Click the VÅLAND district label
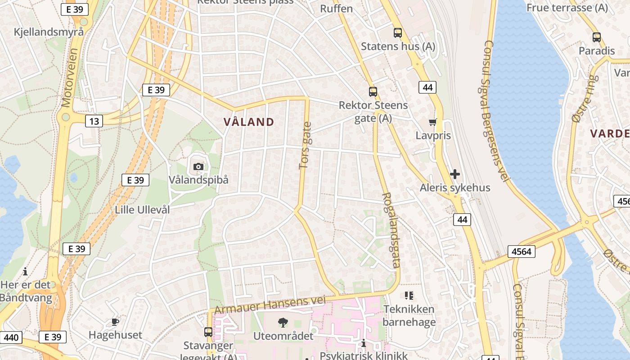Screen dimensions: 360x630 click(248, 122)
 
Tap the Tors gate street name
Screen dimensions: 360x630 click(306, 146)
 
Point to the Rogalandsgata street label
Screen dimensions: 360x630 click(390, 230)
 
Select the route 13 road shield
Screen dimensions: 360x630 click(94, 121)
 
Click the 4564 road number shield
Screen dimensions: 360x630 click(522, 252)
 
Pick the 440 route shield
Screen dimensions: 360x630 click(11, 337)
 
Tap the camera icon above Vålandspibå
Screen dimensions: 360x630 click(198, 167)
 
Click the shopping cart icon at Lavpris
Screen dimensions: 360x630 click(433, 122)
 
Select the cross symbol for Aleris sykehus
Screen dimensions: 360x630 click(455, 174)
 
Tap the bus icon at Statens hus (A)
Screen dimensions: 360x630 click(397, 33)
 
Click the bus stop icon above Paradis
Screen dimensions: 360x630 click(597, 37)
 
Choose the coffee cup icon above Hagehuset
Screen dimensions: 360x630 click(115, 322)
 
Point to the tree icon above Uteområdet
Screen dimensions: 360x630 click(283, 322)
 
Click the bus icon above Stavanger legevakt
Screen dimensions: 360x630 click(208, 332)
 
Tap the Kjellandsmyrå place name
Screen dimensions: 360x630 click(49, 32)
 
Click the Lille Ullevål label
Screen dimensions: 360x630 click(142, 210)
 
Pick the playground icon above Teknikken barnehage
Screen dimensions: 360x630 click(409, 296)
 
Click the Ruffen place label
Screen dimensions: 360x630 click(336, 9)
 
